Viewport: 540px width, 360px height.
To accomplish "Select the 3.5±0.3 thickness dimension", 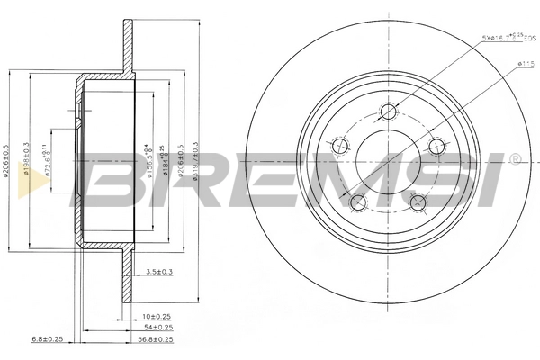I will [159, 270].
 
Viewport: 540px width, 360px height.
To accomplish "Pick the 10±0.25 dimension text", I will [157, 316].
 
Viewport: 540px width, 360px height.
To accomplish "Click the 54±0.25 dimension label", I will [157, 328].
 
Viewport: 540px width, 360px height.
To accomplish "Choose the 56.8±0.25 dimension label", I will [155, 339].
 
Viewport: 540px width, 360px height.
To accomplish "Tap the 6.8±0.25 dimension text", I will [46, 339].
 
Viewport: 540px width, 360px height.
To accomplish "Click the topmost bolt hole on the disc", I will [389, 112].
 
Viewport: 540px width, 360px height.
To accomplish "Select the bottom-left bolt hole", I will [358, 202].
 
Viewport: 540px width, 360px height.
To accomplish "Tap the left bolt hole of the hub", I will [340, 147].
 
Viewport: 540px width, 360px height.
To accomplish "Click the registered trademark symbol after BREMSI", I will [514, 159].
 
